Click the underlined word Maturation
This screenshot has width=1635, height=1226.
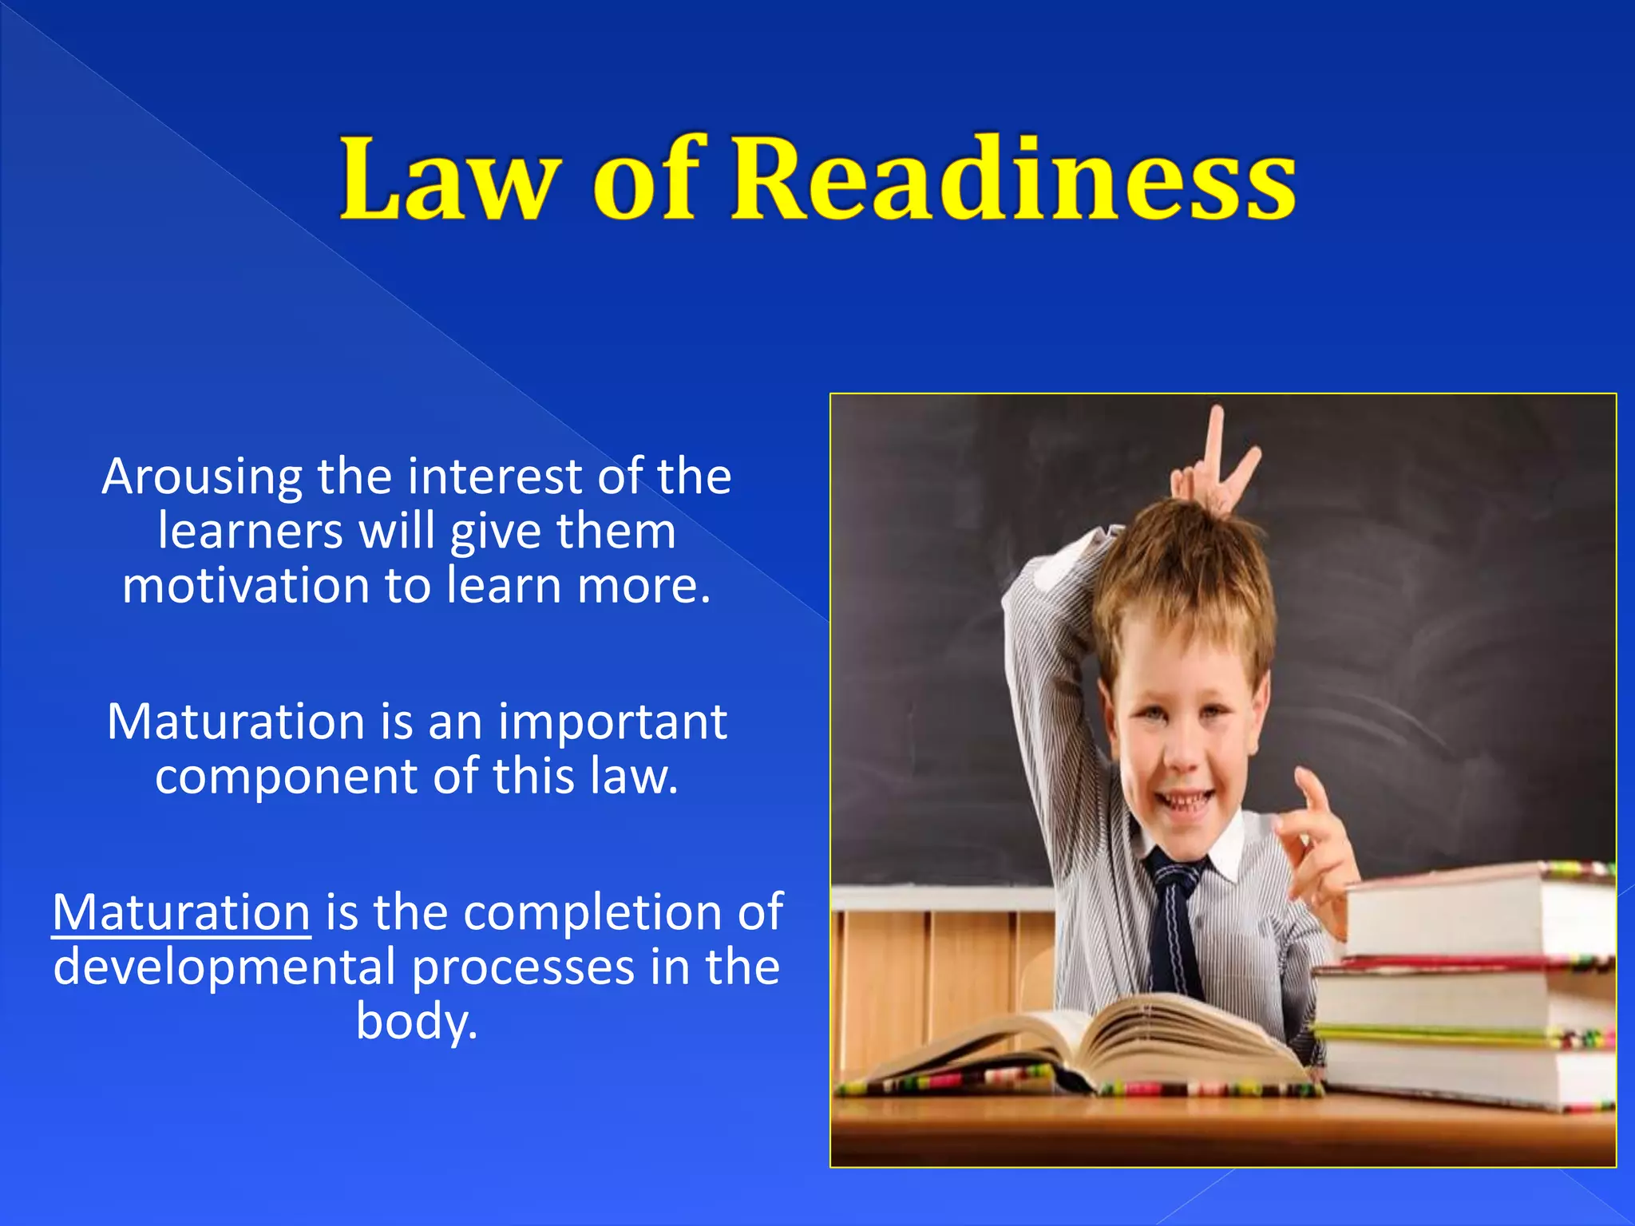[181, 912]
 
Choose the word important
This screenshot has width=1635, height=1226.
[612, 722]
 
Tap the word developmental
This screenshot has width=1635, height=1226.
[225, 967]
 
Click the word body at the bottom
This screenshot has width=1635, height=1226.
[416, 1022]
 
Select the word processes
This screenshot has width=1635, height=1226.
[524, 967]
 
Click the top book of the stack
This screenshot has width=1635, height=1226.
[1477, 910]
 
